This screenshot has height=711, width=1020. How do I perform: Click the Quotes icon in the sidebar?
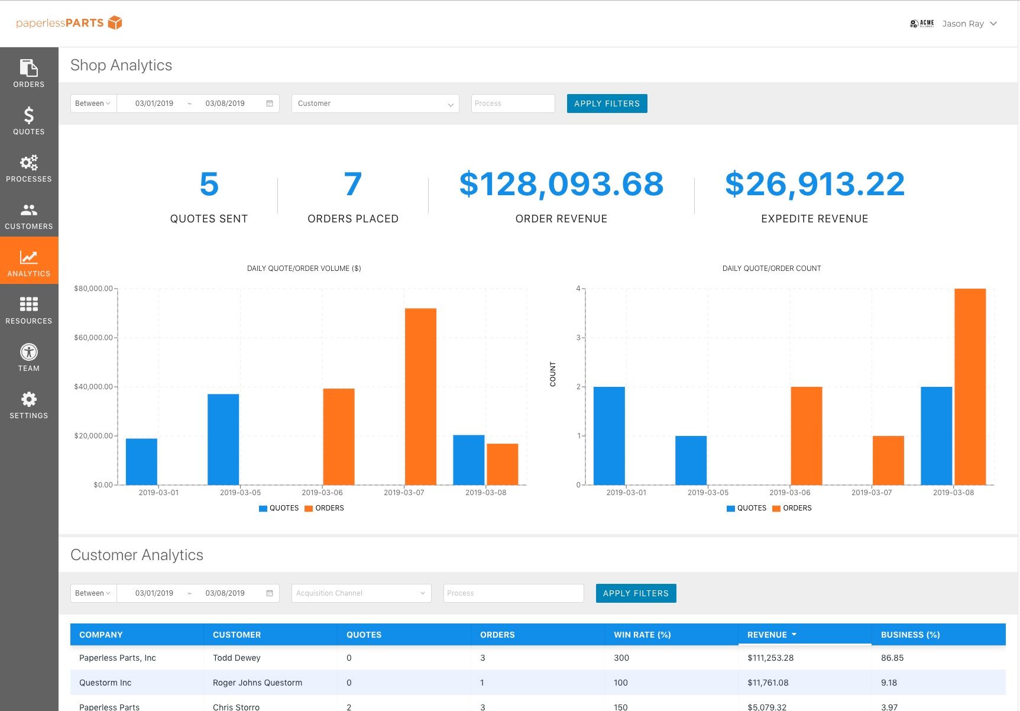click(28, 120)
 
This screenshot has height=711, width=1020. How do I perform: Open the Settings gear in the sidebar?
click(28, 405)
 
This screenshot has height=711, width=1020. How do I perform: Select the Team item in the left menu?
click(28, 357)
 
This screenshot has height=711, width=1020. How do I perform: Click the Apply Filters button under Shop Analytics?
click(607, 104)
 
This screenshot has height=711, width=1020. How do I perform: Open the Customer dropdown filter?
click(375, 104)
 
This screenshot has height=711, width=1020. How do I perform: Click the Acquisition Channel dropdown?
click(361, 593)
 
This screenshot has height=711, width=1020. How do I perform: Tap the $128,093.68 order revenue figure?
click(561, 184)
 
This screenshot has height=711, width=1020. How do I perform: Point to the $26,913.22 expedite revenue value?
click(814, 184)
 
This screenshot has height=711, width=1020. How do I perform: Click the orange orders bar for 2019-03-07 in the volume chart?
click(420, 396)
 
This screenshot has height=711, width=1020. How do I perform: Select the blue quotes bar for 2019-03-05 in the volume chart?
click(224, 439)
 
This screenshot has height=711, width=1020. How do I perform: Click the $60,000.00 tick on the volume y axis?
click(93, 338)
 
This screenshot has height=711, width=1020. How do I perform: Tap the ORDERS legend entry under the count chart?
click(792, 508)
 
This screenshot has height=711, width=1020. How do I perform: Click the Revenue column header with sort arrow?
click(772, 635)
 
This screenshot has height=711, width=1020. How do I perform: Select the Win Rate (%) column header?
click(642, 635)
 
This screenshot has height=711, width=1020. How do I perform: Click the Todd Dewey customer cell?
click(237, 658)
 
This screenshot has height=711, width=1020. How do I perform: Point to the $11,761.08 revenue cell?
click(768, 683)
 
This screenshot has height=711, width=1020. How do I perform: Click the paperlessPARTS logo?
click(69, 23)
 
